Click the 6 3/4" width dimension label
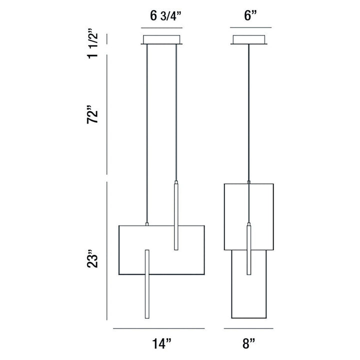(x=165, y=15)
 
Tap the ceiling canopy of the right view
(x=248, y=39)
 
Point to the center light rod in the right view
(x=248, y=250)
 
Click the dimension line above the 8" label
(x=248, y=328)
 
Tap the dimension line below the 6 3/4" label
(x=164, y=27)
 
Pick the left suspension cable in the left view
(x=147, y=135)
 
